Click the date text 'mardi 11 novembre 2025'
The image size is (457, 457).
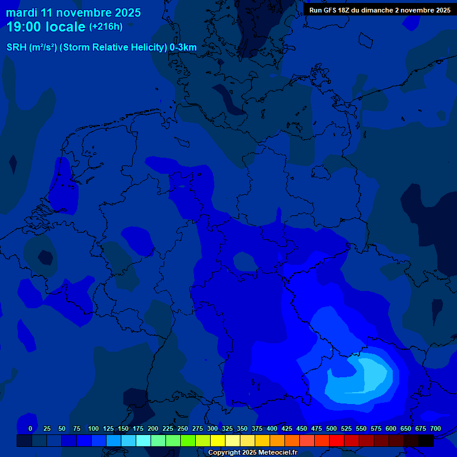tap(73, 12)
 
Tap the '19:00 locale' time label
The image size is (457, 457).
tap(46, 27)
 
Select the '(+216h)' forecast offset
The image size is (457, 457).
tap(106, 27)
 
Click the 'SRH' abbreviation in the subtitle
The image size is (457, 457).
tap(16, 48)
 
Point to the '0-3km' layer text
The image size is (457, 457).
tap(183, 48)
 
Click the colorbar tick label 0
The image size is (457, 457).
tap(30, 428)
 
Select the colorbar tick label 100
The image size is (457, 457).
tap(93, 428)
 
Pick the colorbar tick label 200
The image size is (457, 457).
tap(153, 428)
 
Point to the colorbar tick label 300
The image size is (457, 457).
tap(212, 428)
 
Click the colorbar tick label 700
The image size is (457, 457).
tap(436, 428)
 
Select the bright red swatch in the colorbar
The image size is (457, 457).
tap(337, 440)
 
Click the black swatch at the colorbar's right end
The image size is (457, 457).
tap(426, 440)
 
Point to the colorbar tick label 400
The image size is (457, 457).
tap(272, 428)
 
